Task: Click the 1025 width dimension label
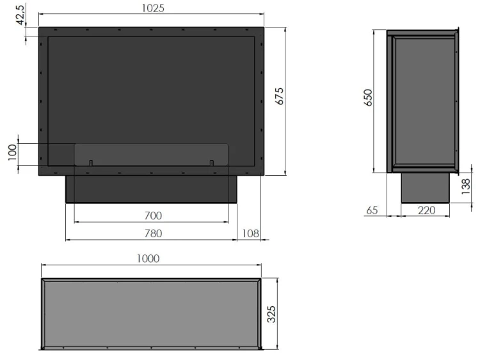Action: (x=153, y=8)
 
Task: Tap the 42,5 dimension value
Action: (x=21, y=15)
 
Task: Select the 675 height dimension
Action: (x=280, y=97)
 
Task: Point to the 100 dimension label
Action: (x=12, y=152)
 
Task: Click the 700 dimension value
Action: (x=153, y=215)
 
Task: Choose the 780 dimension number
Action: (x=153, y=233)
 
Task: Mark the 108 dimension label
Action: (x=250, y=233)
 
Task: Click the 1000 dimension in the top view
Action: (x=148, y=258)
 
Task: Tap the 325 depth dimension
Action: (x=271, y=314)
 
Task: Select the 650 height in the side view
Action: (x=368, y=98)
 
